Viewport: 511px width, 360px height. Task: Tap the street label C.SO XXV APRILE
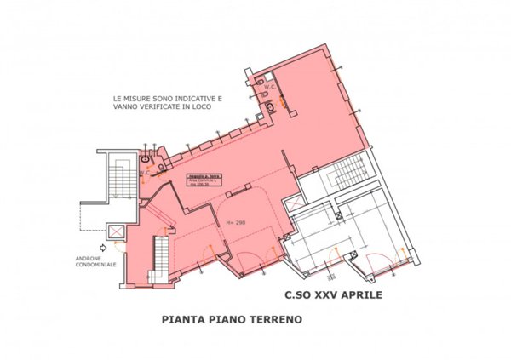pyautogui.click(x=333, y=297)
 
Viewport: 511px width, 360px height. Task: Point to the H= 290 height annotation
pyautogui.click(x=236, y=223)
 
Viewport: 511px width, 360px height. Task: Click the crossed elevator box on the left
pyautogui.click(x=112, y=231)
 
